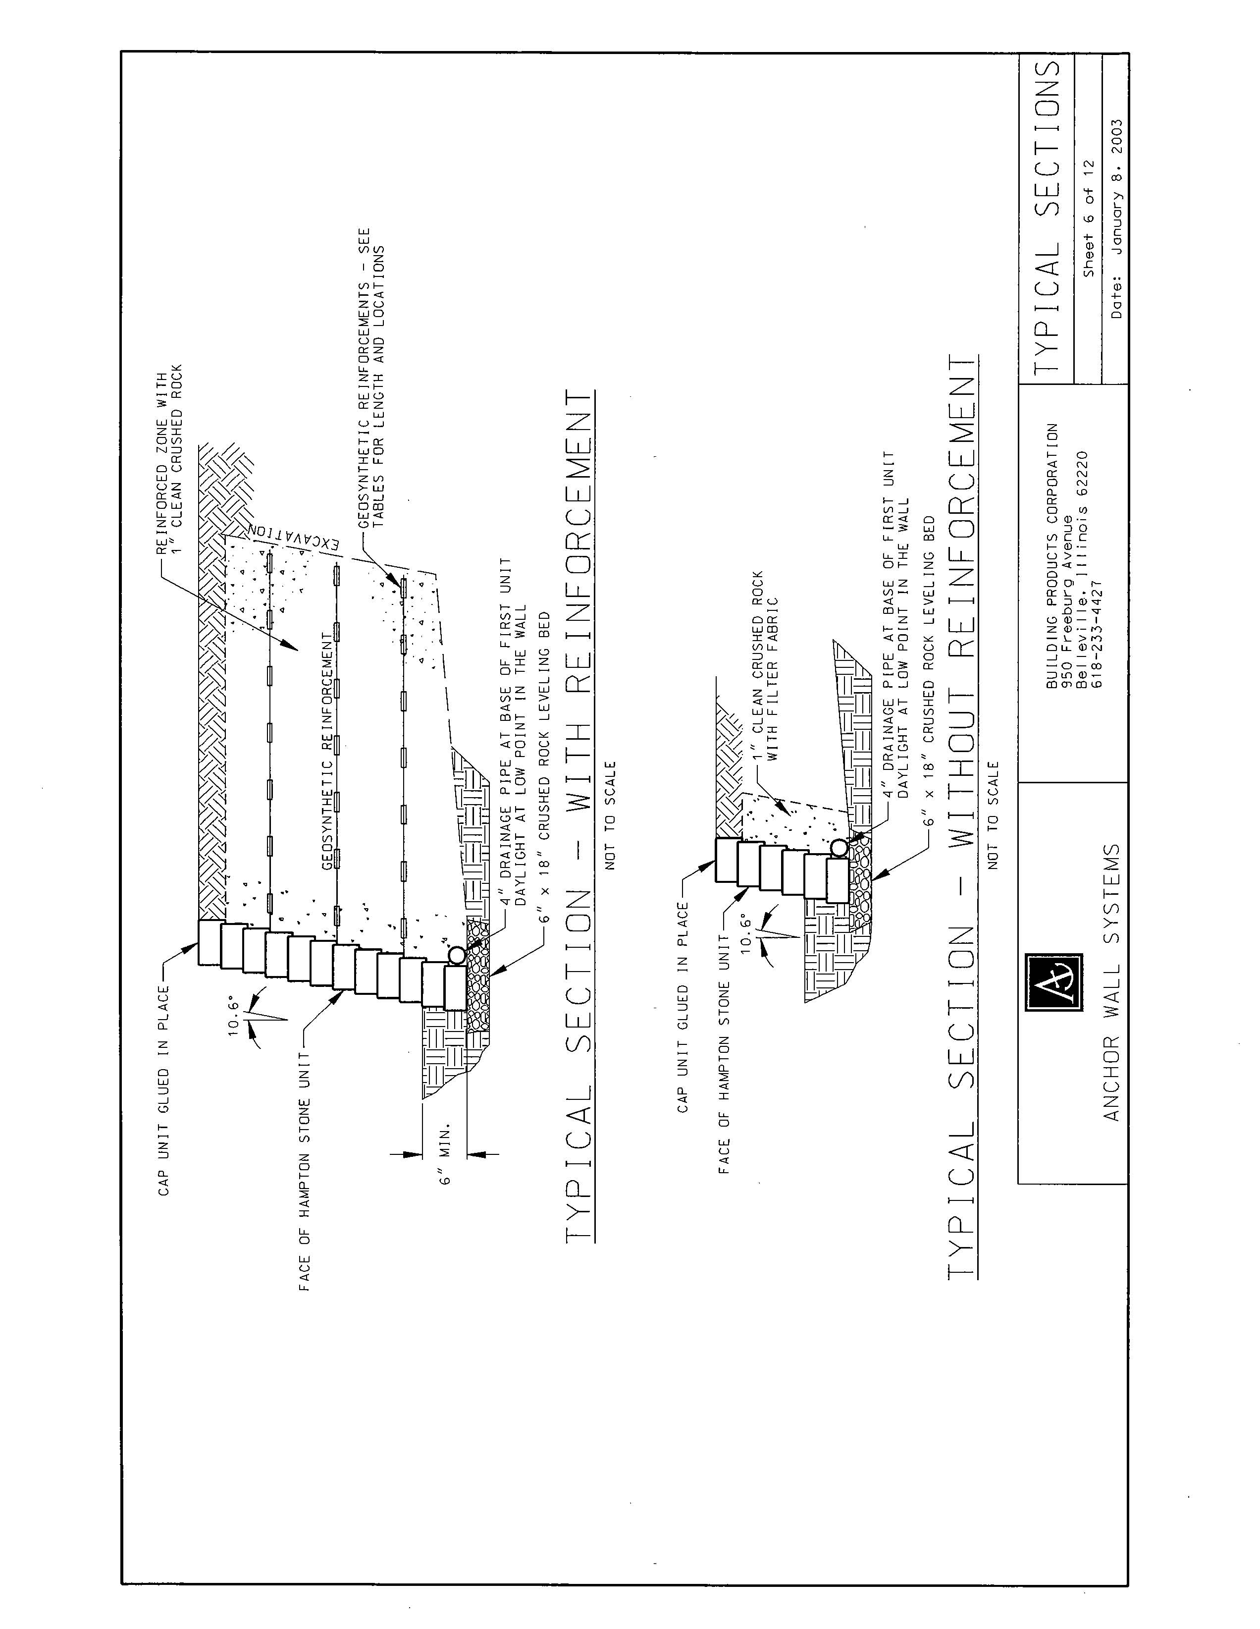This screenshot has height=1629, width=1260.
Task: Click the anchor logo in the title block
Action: pos(1053,982)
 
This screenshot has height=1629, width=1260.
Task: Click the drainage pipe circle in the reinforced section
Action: pos(457,955)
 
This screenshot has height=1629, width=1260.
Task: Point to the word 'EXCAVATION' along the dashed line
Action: pos(297,536)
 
